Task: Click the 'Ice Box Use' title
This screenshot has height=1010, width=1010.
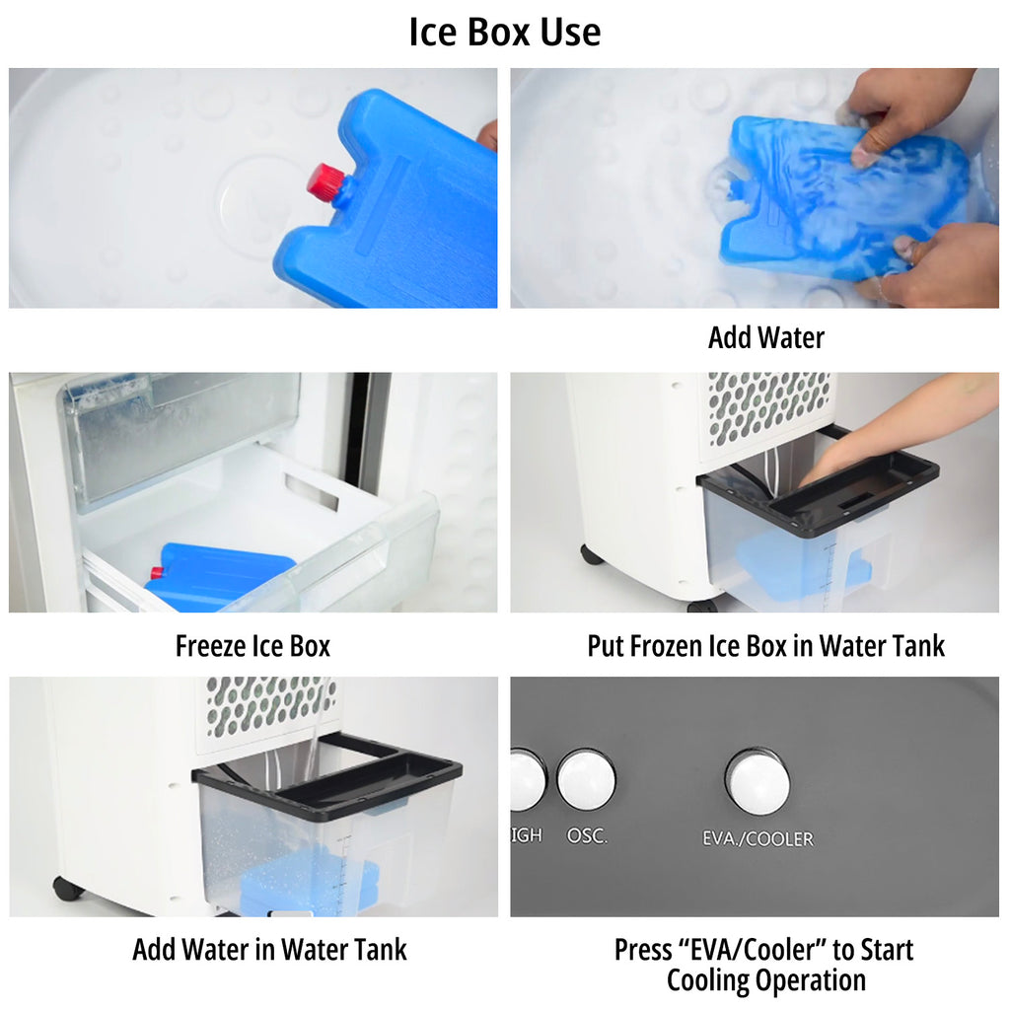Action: coord(504,32)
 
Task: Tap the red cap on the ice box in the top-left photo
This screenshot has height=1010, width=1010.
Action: coord(326,180)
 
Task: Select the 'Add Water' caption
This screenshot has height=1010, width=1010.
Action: coord(765,337)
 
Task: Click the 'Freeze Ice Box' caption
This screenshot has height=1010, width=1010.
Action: coord(252,645)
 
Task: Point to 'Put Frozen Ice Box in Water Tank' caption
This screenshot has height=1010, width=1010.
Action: coord(765,645)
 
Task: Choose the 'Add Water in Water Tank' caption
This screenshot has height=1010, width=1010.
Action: coord(269,950)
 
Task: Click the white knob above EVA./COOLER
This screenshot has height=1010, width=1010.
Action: coord(757,781)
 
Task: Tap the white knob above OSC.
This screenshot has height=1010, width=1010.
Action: coord(586,779)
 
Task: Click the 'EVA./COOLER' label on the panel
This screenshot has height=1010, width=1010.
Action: coord(757,838)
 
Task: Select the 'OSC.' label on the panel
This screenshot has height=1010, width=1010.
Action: coord(587,835)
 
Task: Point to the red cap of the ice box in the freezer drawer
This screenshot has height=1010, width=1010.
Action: coord(157,573)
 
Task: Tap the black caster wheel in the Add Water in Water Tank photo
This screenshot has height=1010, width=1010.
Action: coord(68,889)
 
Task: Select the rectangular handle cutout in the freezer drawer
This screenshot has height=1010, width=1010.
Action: coord(312,491)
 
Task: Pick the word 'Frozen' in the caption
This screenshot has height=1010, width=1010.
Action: coord(670,645)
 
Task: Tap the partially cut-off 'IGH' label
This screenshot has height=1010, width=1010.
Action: coord(527,834)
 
